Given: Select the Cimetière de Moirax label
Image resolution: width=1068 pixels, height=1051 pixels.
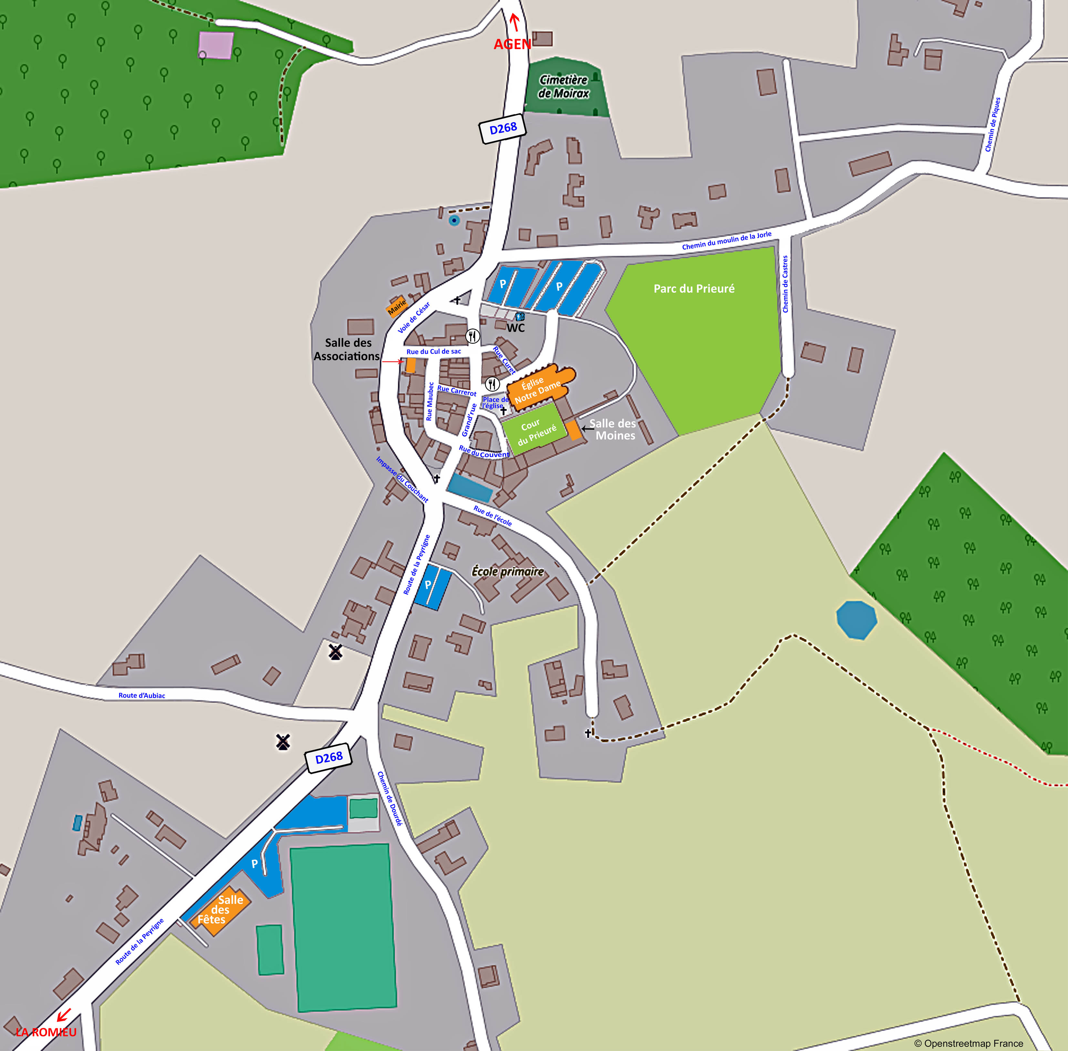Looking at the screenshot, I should (x=564, y=87).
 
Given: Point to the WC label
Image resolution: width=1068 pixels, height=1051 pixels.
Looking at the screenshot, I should (x=515, y=328).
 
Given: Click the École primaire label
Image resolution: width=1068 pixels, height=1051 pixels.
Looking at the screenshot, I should (x=507, y=571).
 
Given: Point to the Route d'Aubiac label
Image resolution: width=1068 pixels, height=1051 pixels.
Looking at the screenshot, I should (x=142, y=695).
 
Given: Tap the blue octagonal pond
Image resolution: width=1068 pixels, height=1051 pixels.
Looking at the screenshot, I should (x=856, y=620).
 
